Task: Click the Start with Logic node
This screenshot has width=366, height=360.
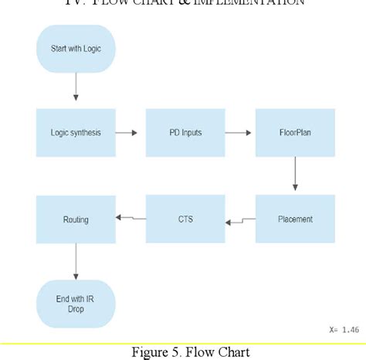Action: tap(76, 49)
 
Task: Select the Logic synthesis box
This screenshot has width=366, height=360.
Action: tap(76, 133)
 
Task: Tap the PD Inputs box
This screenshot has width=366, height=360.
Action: tap(185, 133)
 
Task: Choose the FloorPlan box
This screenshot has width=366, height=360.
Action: tap(295, 133)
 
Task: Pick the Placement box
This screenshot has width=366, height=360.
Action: tap(295, 219)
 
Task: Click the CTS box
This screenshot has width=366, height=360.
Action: tap(185, 219)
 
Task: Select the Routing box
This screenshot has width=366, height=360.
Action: tap(76, 219)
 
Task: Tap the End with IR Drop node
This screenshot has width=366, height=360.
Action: tap(76, 304)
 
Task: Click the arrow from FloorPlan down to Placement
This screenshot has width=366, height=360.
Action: tap(295, 175)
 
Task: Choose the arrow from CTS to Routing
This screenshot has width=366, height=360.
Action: tap(130, 219)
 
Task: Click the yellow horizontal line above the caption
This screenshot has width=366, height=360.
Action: tap(183, 343)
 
